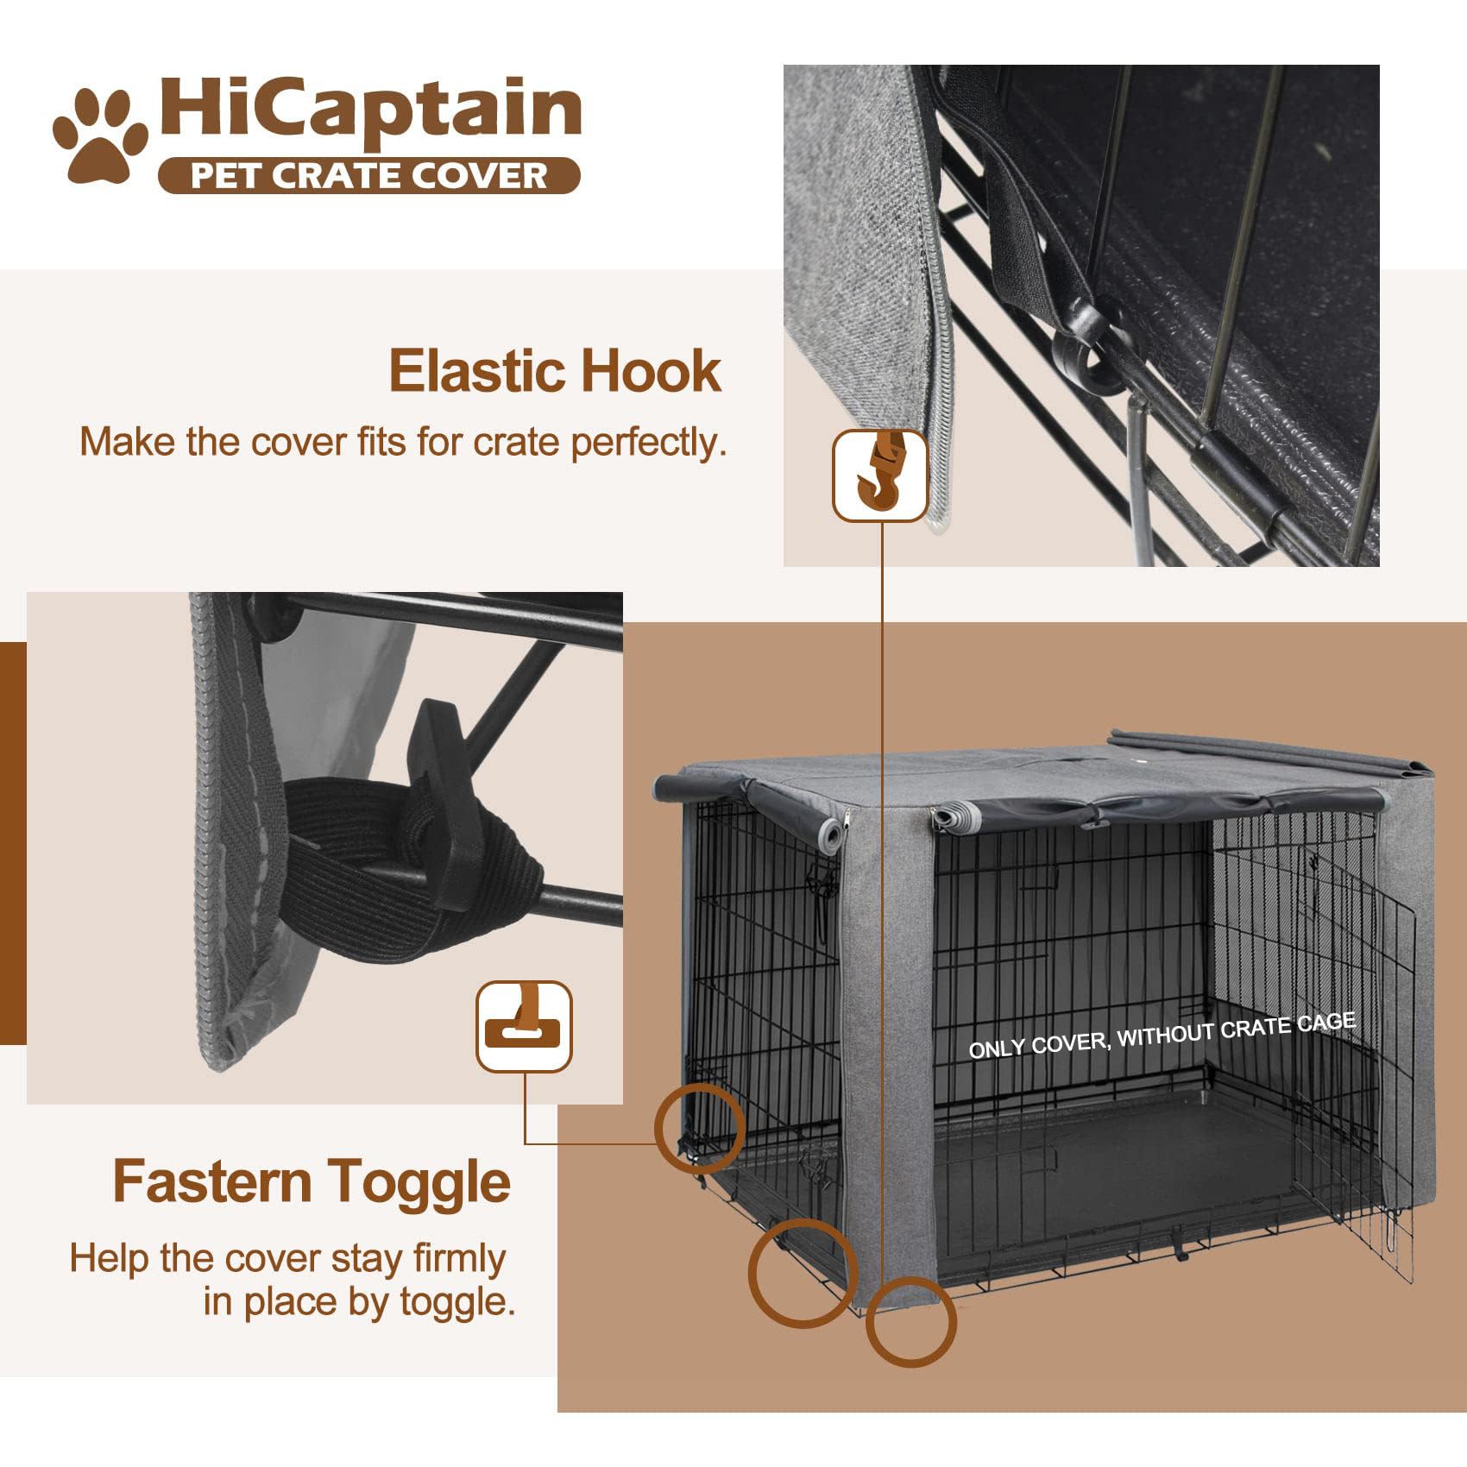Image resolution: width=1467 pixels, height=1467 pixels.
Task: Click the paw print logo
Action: point(99,135)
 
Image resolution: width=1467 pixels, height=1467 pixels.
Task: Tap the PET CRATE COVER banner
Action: point(369,176)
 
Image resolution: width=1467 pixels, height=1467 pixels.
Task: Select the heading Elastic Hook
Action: point(555,371)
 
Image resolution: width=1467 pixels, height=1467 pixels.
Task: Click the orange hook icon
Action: point(880,475)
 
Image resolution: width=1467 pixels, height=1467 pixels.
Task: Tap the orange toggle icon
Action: point(524,1026)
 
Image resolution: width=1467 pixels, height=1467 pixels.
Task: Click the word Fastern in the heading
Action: point(211,1181)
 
